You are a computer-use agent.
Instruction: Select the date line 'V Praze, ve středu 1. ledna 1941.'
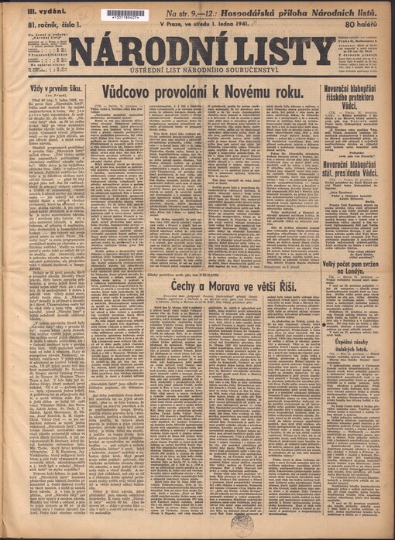(x=196, y=24)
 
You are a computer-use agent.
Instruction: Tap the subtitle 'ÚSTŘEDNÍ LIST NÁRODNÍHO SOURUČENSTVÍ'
(x=200, y=74)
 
